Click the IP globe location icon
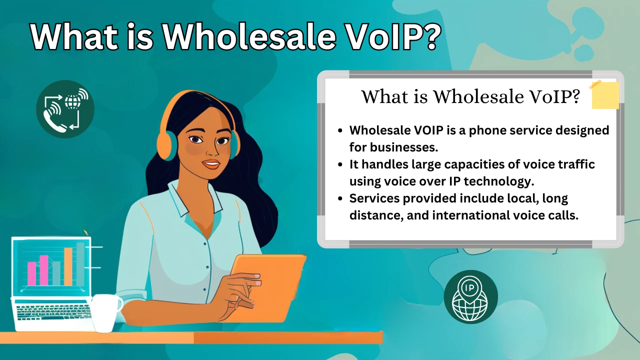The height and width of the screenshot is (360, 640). point(470,297)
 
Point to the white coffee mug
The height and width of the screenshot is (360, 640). point(106,311)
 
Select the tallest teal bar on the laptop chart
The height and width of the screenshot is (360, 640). point(80,263)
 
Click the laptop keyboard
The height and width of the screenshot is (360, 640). point(52,312)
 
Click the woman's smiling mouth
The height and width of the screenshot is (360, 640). point(211,163)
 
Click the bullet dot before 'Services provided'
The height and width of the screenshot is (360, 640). point(340,199)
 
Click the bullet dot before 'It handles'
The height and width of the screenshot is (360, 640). point(340,164)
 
